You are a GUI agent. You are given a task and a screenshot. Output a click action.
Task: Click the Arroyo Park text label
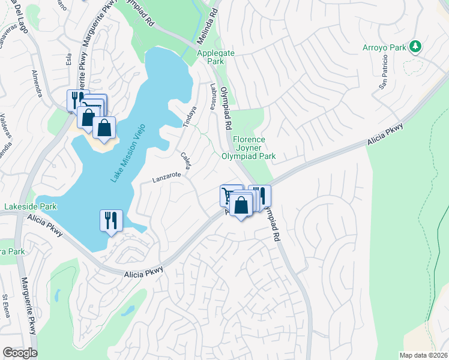pyautogui.click(x=384, y=47)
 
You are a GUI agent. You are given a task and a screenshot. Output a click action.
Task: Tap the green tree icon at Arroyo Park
pyautogui.click(x=415, y=47)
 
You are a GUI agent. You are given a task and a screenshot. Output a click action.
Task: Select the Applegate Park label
pyautogui.click(x=211, y=57)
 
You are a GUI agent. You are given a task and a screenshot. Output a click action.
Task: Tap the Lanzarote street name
pyautogui.click(x=167, y=178)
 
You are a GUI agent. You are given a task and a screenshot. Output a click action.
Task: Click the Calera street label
pyautogui.click(x=185, y=160)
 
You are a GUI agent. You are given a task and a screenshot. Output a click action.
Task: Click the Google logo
pyautogui.click(x=20, y=352)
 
